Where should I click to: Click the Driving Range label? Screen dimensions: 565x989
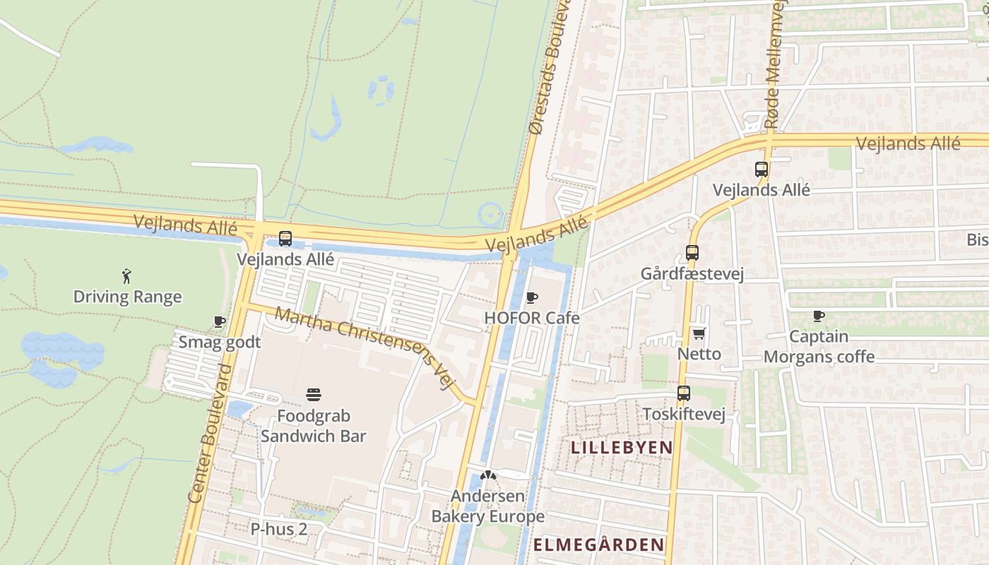(x=127, y=297)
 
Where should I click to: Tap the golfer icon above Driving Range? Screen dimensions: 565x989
(x=127, y=275)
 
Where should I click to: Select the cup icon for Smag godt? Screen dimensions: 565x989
(x=219, y=321)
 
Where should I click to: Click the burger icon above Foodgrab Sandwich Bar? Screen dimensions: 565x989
(x=314, y=394)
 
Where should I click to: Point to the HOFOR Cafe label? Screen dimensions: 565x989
(x=531, y=318)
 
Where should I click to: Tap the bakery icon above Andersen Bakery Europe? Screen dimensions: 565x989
(x=487, y=475)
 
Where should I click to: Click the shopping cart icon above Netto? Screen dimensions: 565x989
(x=699, y=333)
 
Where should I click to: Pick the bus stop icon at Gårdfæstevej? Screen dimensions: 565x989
(x=692, y=252)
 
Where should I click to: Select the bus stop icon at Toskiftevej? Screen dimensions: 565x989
(x=684, y=393)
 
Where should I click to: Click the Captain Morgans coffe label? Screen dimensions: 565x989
(x=819, y=347)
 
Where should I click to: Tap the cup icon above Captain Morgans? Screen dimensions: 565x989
(x=819, y=316)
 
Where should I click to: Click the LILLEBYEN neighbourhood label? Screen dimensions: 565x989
(x=622, y=448)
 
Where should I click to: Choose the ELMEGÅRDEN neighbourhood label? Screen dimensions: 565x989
(x=598, y=545)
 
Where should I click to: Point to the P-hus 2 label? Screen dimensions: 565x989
(x=279, y=528)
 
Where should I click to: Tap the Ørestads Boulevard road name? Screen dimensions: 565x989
(x=550, y=71)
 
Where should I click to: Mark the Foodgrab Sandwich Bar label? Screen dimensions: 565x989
(x=314, y=426)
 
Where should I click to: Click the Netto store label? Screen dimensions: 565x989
(x=699, y=354)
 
